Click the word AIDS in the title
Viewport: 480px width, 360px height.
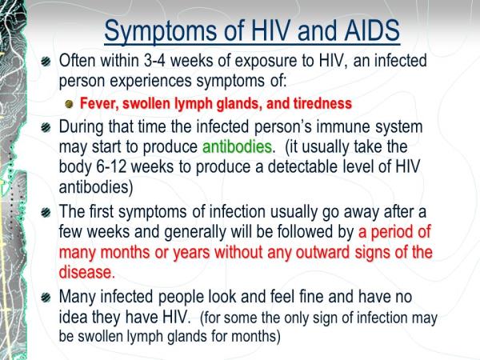[x=372, y=30]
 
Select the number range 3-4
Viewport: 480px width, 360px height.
[x=154, y=61]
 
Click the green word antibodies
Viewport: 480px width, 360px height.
[x=238, y=147]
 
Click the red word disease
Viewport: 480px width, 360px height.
[x=87, y=272]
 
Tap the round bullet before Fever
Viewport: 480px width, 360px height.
[x=70, y=104]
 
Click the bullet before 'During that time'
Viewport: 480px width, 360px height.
[x=46, y=127]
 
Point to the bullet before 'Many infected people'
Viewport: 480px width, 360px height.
[x=46, y=297]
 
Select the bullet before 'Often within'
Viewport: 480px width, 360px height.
[x=46, y=62]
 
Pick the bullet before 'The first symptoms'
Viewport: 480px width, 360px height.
[x=46, y=212]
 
